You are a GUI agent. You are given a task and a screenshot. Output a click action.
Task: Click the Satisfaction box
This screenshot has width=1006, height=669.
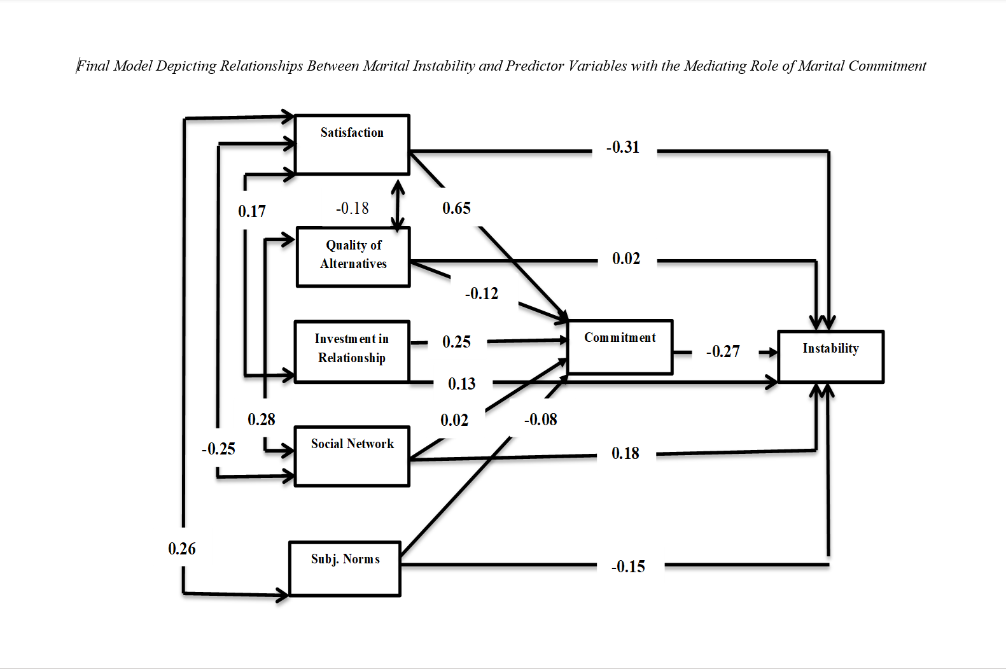pyautogui.click(x=352, y=144)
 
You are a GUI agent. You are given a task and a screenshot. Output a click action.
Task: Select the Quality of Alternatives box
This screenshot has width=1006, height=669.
pyautogui.click(x=353, y=257)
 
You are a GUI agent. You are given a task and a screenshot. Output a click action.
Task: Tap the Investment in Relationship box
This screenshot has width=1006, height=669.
pyautogui.click(x=352, y=351)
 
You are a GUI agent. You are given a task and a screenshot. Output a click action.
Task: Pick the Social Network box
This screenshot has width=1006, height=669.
pyautogui.click(x=352, y=456)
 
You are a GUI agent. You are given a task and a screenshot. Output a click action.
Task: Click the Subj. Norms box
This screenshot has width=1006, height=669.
pyautogui.click(x=345, y=568)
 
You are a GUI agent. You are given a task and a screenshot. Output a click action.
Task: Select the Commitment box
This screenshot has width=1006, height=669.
pyautogui.click(x=620, y=346)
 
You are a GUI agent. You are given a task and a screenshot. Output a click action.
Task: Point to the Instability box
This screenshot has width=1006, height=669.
pyautogui.click(x=830, y=356)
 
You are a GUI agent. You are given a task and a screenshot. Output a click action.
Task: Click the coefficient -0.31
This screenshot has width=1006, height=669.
pyautogui.click(x=623, y=148)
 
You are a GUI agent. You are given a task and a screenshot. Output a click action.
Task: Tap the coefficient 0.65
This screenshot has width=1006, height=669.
pyautogui.click(x=457, y=208)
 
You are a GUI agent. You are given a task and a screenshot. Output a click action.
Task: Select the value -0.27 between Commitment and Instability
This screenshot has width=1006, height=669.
pyautogui.click(x=723, y=351)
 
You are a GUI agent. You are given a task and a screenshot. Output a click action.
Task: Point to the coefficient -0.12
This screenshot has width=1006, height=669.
pyautogui.click(x=482, y=293)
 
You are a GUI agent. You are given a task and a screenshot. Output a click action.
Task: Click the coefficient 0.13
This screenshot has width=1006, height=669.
pyautogui.click(x=462, y=384)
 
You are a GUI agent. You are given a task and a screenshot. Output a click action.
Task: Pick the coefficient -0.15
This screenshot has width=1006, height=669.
pyautogui.click(x=628, y=567)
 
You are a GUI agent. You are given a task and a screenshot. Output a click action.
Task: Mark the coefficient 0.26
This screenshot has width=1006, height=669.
pyautogui.click(x=182, y=549)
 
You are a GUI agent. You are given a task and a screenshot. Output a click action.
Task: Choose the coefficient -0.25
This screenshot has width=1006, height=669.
pyautogui.click(x=218, y=449)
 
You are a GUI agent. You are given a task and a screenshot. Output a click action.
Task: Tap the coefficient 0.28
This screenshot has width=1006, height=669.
pyautogui.click(x=262, y=419)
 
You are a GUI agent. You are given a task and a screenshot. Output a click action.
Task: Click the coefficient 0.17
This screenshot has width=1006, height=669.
pyautogui.click(x=252, y=211)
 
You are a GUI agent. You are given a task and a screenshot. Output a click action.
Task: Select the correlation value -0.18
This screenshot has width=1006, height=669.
pyautogui.click(x=353, y=208)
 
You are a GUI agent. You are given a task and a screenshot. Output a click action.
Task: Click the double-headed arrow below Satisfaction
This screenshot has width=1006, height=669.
pyautogui.click(x=398, y=205)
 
